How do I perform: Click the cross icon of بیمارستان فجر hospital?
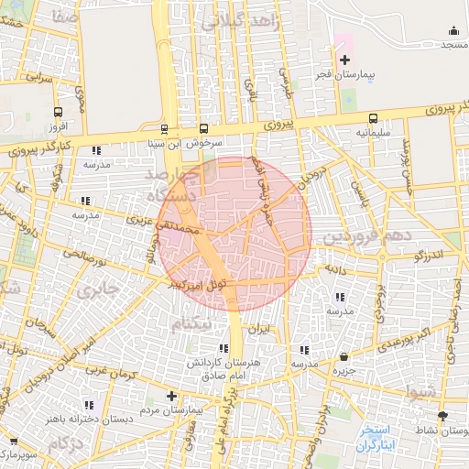pos(344,60)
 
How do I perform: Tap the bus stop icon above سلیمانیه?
pos(373,118)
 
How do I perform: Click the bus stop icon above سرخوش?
pos(203,129)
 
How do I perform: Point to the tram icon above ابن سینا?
pos(165,129)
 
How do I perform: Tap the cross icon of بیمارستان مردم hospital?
pos(171,397)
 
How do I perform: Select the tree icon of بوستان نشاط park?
pos(443,416)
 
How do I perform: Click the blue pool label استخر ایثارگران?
pos(376,436)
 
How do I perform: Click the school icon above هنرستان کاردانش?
pos(224,349)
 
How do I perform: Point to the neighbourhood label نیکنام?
pos(198,322)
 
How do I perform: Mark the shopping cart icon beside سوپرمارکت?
pos(13,441)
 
